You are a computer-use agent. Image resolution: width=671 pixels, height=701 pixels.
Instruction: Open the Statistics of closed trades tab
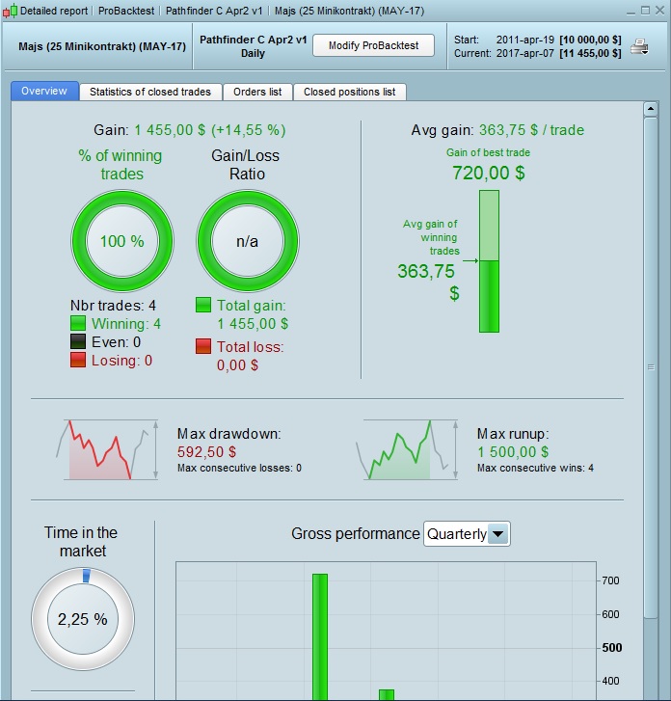click(x=149, y=92)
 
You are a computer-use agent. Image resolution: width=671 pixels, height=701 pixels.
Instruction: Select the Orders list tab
click(x=256, y=92)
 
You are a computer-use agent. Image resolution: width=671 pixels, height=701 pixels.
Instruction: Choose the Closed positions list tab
click(x=349, y=92)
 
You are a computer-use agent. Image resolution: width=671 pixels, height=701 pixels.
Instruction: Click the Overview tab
click(x=44, y=91)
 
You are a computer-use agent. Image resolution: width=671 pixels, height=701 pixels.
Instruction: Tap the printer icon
click(x=639, y=46)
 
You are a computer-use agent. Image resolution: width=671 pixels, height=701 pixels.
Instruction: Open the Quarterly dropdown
click(x=467, y=533)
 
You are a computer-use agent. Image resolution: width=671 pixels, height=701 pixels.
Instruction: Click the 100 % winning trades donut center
click(x=122, y=241)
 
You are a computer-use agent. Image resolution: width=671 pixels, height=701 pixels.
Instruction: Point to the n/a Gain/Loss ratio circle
click(x=247, y=241)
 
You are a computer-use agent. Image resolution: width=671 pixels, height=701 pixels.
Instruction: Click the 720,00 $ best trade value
click(x=488, y=174)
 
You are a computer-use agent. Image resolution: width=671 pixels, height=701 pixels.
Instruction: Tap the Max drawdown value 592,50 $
click(x=205, y=451)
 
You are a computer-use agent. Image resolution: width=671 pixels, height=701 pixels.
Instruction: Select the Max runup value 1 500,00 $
click(x=513, y=451)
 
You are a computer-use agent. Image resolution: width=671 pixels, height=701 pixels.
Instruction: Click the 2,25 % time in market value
click(x=82, y=619)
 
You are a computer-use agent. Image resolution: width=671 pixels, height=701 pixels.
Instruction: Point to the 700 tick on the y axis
click(x=610, y=580)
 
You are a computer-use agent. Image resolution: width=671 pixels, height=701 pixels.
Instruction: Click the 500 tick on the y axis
click(x=610, y=647)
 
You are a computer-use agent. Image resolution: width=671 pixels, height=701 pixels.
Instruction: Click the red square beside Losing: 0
click(x=78, y=360)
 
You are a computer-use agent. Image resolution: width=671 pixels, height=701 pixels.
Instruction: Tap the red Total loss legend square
click(x=203, y=346)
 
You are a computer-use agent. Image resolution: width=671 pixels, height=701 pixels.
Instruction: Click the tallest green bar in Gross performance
click(x=320, y=636)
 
